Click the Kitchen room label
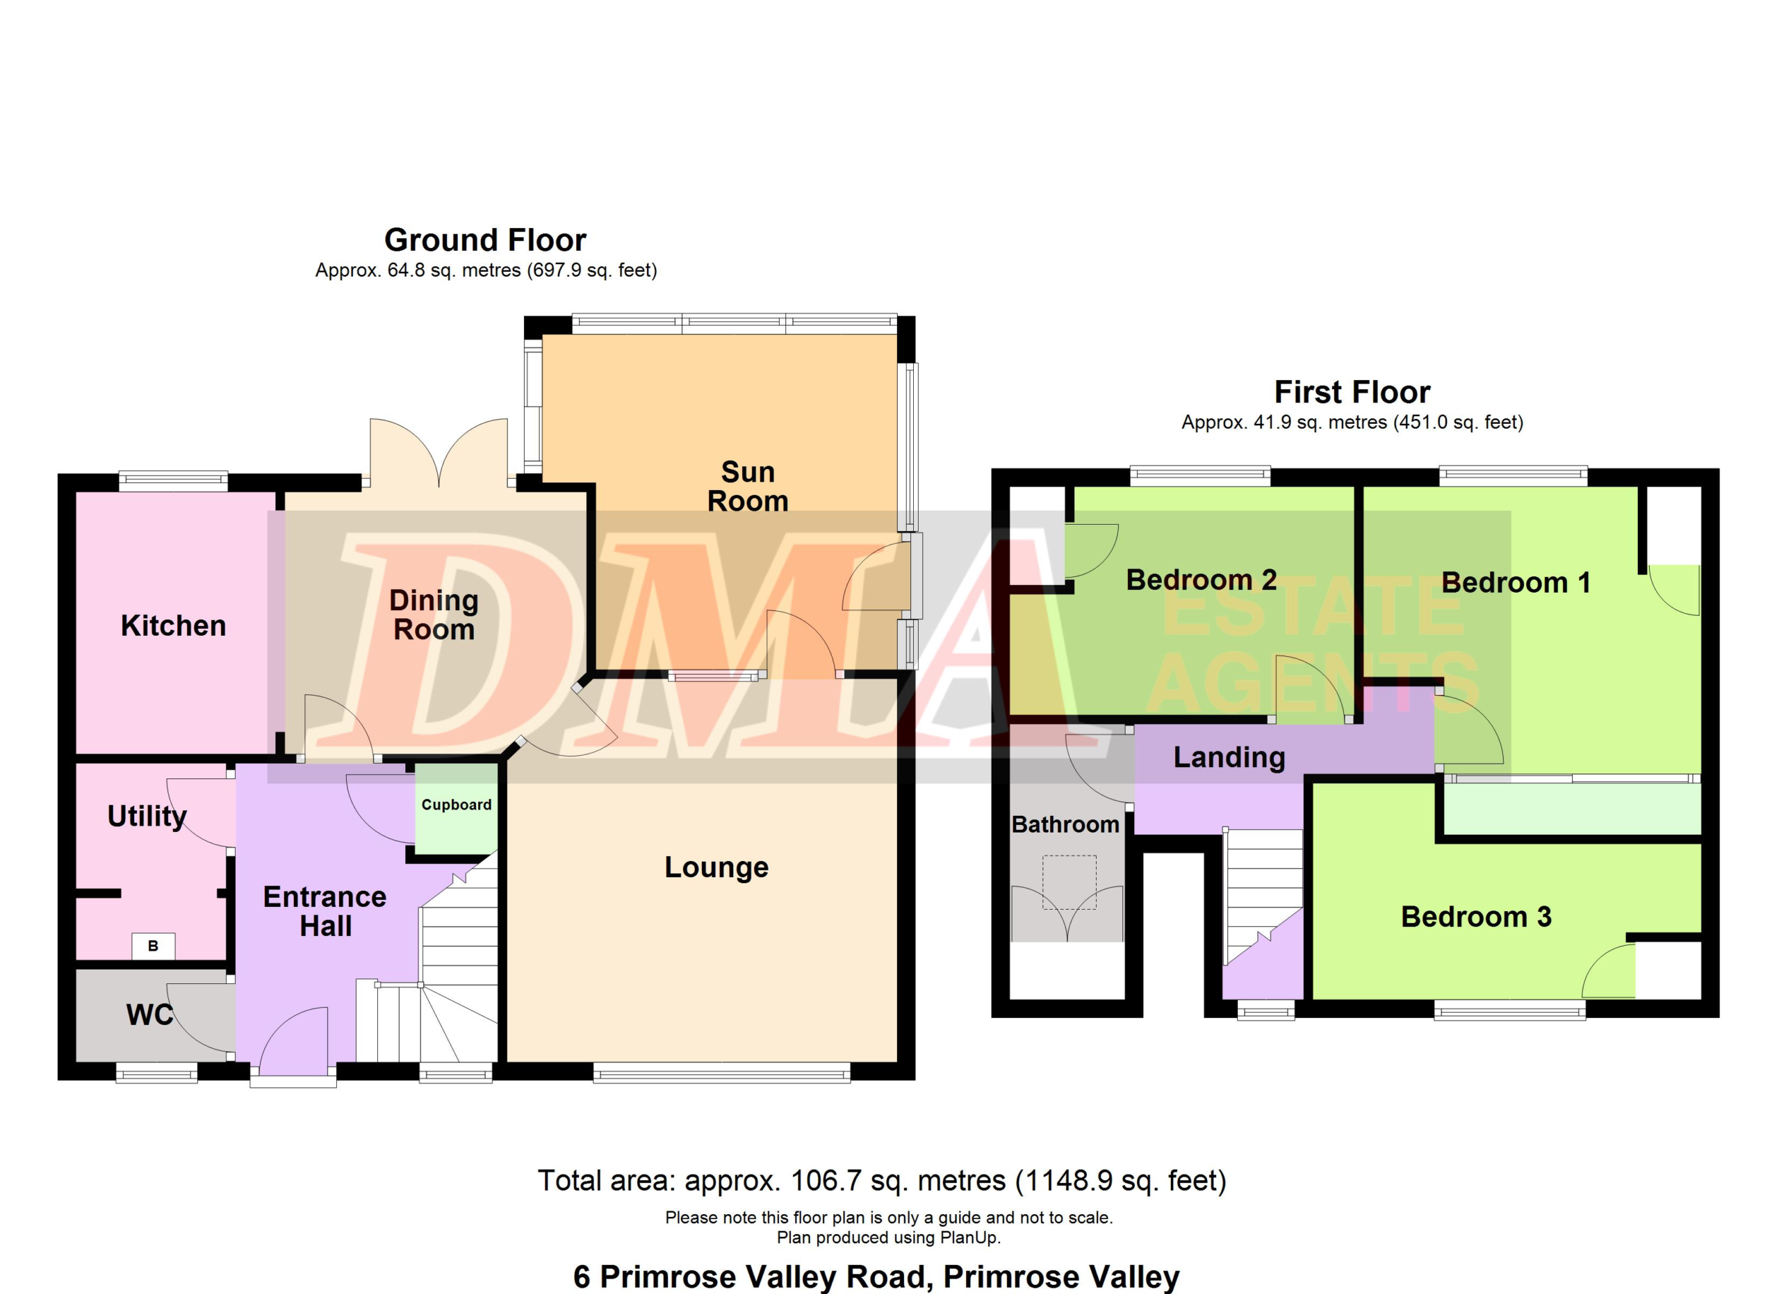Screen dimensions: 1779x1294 tap(173, 626)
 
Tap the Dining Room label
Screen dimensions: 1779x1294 tap(434, 615)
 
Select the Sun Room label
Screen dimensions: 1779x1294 tap(748, 486)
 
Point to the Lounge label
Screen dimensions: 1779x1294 tap(716, 867)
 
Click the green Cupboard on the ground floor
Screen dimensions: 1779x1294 tap(457, 808)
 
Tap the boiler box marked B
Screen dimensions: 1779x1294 tap(153, 946)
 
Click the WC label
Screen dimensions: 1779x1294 tap(149, 1015)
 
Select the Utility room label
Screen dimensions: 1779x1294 tap(147, 817)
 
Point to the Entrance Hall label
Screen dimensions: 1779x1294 tap(325, 911)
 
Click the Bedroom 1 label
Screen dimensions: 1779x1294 tap(1516, 582)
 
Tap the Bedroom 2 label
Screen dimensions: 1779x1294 tap(1202, 580)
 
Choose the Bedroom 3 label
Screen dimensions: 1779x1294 tap(1476, 917)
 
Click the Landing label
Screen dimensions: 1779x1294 tap(1229, 757)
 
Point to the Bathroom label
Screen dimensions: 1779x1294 tap(1065, 824)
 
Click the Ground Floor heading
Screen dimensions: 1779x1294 tap(486, 240)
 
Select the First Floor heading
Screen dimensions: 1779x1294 tap(1352, 392)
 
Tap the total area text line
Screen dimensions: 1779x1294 tap(882, 1180)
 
